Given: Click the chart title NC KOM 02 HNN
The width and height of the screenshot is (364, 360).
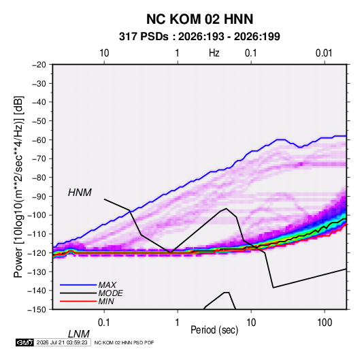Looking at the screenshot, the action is tap(199, 19).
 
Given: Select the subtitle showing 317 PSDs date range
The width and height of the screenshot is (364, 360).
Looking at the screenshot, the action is tap(199, 37).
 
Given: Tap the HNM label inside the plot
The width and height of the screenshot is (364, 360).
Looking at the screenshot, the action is tap(80, 193).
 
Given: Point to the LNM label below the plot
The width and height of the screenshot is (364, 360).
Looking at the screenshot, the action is tap(78, 334).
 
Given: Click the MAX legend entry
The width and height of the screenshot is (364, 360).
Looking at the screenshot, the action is tap(107, 285).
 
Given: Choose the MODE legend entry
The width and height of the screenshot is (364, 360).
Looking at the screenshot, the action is tap(110, 293).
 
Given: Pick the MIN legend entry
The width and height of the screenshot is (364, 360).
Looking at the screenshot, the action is tap(106, 301).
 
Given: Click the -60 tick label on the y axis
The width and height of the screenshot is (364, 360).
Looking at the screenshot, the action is tap(39, 140).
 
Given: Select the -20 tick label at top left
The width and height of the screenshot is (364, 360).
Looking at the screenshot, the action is tap(39, 65).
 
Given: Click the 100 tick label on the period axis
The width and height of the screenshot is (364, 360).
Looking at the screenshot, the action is tap(325, 323).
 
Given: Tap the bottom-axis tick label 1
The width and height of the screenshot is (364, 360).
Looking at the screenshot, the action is tap(178, 323).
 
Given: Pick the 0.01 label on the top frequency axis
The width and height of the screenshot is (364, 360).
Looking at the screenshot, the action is tap(324, 53).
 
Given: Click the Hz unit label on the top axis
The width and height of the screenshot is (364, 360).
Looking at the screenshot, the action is tap(214, 53).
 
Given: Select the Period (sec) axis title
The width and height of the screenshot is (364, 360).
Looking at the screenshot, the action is tap(214, 330).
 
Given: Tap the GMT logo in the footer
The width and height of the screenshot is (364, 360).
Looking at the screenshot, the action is tap(24, 342).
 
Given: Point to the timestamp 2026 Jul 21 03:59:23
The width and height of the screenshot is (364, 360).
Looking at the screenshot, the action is tap(62, 342).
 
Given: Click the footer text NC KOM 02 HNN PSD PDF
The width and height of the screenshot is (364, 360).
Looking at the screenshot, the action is tap(125, 342).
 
